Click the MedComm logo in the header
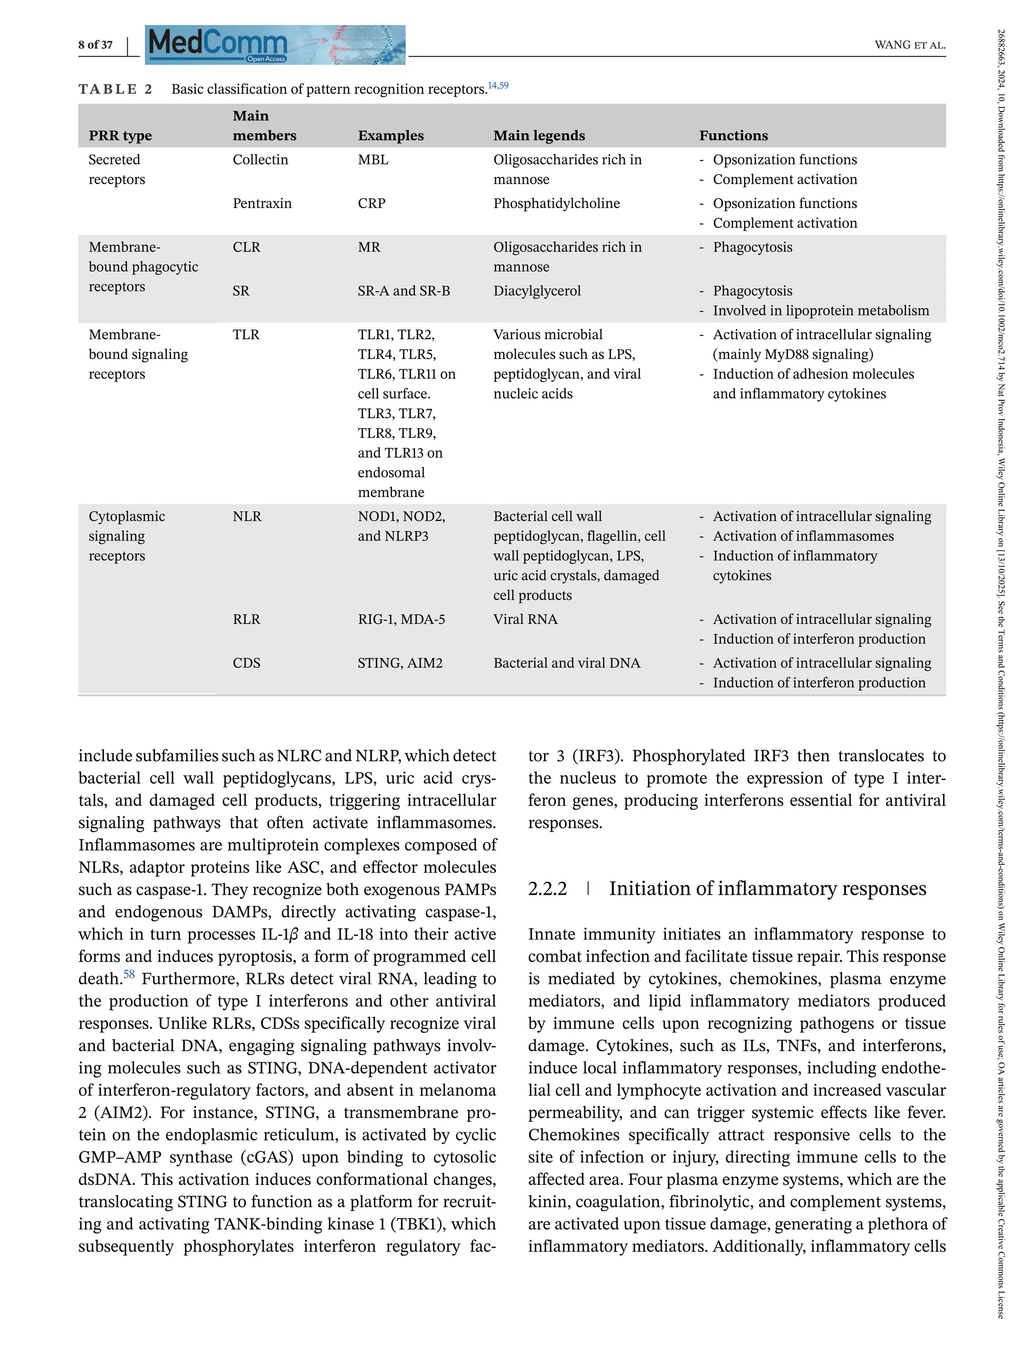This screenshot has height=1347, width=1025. click(x=275, y=45)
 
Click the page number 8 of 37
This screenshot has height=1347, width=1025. click(x=95, y=45)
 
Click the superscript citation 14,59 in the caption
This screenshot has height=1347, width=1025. click(x=498, y=86)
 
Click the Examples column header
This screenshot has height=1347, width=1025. click(x=390, y=136)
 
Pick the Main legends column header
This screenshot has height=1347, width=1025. click(x=539, y=136)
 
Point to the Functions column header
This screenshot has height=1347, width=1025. click(x=733, y=136)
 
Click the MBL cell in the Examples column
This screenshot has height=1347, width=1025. click(x=373, y=160)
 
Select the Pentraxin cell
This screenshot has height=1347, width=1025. click(x=262, y=203)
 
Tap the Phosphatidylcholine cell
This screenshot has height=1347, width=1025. click(x=556, y=203)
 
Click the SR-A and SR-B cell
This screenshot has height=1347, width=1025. click(x=403, y=291)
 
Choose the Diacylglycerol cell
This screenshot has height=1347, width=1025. click(x=537, y=291)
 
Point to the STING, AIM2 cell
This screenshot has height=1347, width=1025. click(x=399, y=663)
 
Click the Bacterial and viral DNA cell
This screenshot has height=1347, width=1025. click(x=566, y=663)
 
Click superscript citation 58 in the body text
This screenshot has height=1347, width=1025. click(x=129, y=974)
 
